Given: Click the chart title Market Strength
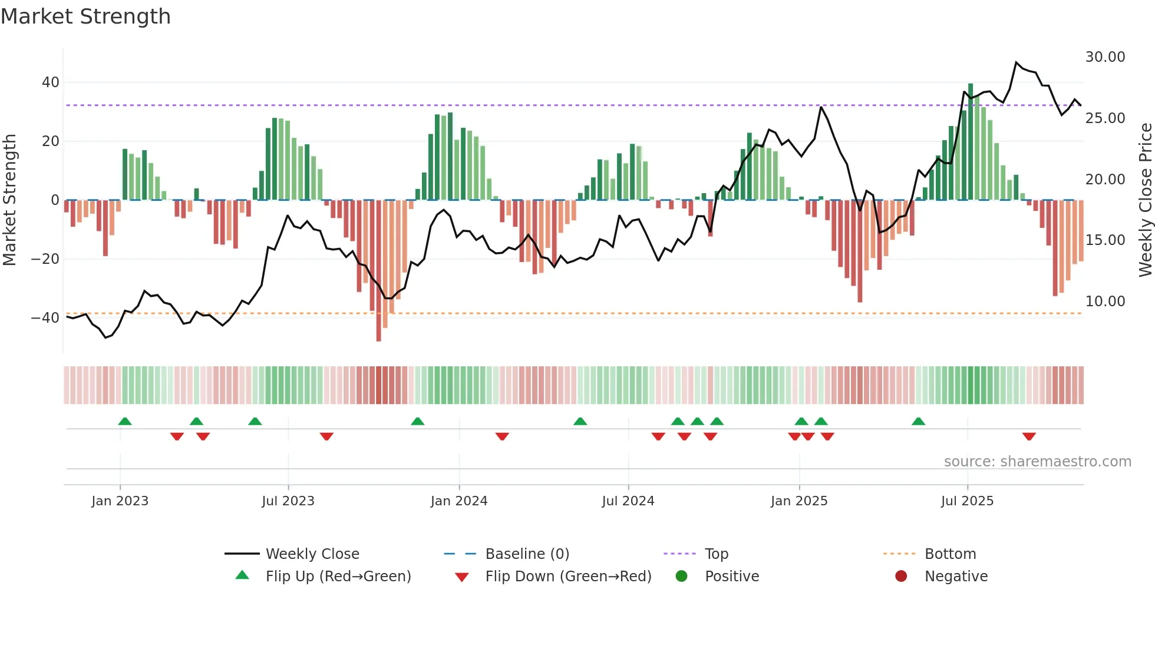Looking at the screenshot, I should pyautogui.click(x=85, y=16).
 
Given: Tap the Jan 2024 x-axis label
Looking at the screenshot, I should pyautogui.click(x=458, y=501).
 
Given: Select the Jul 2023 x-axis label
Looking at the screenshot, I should pyautogui.click(x=288, y=501).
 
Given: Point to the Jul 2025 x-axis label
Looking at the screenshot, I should pyautogui.click(x=967, y=501).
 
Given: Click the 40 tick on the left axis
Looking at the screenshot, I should pyautogui.click(x=51, y=82).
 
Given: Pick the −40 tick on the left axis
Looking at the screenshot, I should pyautogui.click(x=46, y=318).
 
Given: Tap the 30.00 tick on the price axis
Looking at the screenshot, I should pyautogui.click(x=1105, y=57).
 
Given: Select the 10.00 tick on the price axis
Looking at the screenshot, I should pyautogui.click(x=1105, y=302).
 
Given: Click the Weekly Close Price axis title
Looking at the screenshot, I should pyautogui.click(x=1145, y=200).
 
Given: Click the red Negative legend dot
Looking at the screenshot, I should pyautogui.click(x=900, y=577).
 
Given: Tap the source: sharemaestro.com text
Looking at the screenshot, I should pyautogui.click(x=1037, y=462).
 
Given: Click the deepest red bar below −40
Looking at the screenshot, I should pyautogui.click(x=378, y=271).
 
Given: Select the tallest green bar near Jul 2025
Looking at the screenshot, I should pyautogui.click(x=971, y=141).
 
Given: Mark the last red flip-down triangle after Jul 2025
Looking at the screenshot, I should pyautogui.click(x=1029, y=436).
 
